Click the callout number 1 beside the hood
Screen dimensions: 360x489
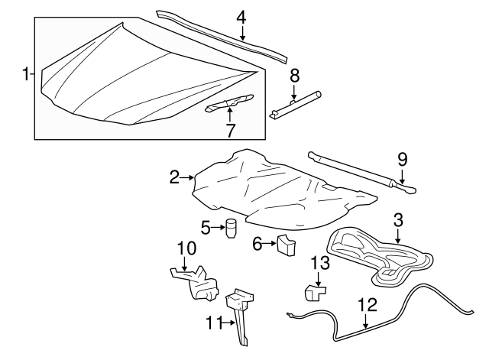tap(25, 74)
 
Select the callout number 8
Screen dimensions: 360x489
tap(294, 75)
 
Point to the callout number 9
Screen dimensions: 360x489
tap(402, 160)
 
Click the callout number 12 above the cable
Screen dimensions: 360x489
tap(368, 304)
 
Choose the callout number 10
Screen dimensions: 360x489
tap(186, 248)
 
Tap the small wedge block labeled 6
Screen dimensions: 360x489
tap(287, 245)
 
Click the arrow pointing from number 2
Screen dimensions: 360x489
tap(187, 178)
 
